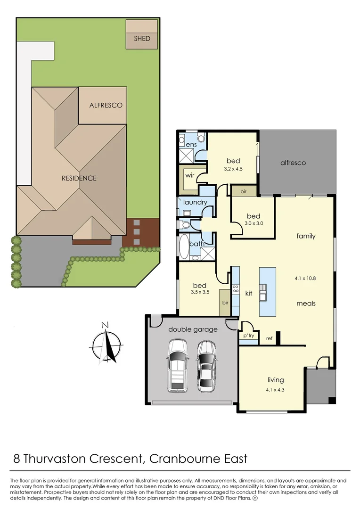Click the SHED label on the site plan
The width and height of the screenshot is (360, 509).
[x=142, y=38]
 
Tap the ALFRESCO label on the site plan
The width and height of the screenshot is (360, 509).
[x=106, y=105]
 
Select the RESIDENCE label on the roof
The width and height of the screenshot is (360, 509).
[x=79, y=178]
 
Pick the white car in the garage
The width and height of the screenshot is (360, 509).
[x=177, y=365]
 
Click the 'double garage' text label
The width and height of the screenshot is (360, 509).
[x=193, y=329]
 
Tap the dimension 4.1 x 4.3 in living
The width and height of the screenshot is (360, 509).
[x=276, y=389]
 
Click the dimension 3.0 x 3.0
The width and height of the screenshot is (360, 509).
[x=254, y=224]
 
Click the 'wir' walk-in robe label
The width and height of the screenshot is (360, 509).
[x=190, y=175]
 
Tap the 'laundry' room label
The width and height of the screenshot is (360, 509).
[x=195, y=202]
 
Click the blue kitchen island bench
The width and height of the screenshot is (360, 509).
[x=267, y=291]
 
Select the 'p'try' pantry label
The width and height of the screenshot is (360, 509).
[x=249, y=336]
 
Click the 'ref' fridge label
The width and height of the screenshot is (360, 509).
[x=269, y=338]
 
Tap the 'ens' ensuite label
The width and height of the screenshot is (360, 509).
[x=191, y=144]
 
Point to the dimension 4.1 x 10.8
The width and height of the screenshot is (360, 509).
[x=305, y=278]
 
